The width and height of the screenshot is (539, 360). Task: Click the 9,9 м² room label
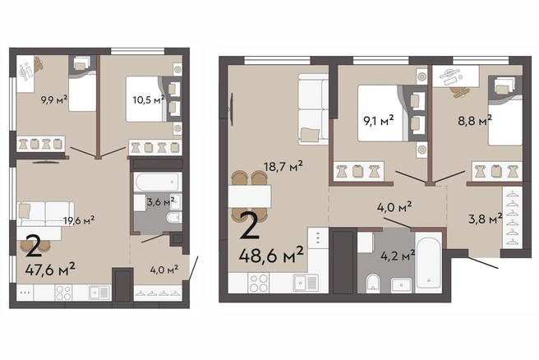pyautogui.click(x=54, y=100)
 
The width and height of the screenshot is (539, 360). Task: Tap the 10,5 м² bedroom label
pyautogui.click(x=149, y=99)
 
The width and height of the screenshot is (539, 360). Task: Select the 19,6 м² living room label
pyautogui.click(x=79, y=220)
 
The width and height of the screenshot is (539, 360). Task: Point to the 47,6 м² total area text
pyautogui.click(x=50, y=269)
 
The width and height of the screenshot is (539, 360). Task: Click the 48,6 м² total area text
pyautogui.click(x=272, y=255)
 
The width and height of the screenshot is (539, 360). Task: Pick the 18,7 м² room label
pyautogui.click(x=283, y=167)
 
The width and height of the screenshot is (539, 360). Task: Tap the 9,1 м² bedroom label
pyautogui.click(x=379, y=121)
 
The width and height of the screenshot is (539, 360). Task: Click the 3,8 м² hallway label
pyautogui.click(x=486, y=218)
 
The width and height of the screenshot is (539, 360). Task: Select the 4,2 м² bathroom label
pyautogui.click(x=398, y=255)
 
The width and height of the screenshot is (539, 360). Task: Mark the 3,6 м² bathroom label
pyautogui.click(x=161, y=202)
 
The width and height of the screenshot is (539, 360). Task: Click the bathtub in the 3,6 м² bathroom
pyautogui.click(x=158, y=182)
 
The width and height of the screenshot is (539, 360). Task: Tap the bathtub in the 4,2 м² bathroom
pyautogui.click(x=428, y=262)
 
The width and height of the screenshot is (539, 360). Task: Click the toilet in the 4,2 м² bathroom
pyautogui.click(x=373, y=284)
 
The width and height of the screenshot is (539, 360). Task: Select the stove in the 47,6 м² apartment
pyautogui.click(x=63, y=293)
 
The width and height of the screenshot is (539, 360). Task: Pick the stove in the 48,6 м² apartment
pyautogui.click(x=259, y=283)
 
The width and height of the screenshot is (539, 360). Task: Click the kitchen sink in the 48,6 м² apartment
pyautogui.click(x=306, y=283)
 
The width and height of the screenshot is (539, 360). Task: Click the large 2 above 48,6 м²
pyautogui.click(x=250, y=225)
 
